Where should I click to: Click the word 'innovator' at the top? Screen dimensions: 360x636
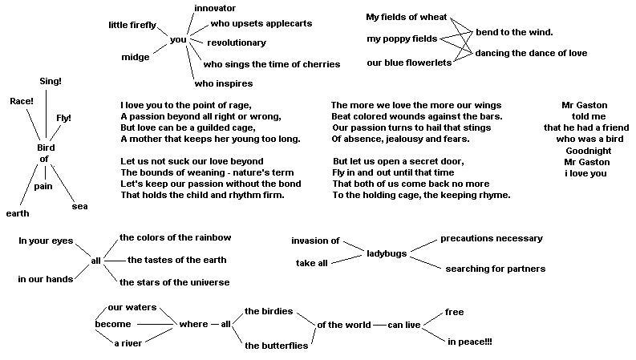pos(215,8)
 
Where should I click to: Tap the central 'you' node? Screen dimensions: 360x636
pos(178,40)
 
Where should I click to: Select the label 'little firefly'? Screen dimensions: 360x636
pos(133,25)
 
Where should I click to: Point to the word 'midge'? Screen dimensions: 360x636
pos(135,57)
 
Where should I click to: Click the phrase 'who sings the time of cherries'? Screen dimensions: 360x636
pos(272,64)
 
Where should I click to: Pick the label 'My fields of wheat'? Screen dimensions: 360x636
pos(407,17)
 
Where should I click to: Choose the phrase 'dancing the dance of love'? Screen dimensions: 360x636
pos(531,53)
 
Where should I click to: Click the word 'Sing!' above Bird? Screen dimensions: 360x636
pos(51,81)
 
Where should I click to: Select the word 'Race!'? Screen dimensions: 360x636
pos(22,101)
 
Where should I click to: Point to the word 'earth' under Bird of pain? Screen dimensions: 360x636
pos(18,213)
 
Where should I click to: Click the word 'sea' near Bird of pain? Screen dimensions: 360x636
pos(79,206)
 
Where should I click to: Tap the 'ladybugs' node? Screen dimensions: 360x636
pos(387,253)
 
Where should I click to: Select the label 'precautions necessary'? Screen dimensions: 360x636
pos(492,238)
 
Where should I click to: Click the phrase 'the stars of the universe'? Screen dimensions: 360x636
pos(174,282)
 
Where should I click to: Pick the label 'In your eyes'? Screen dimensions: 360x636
pos(46,241)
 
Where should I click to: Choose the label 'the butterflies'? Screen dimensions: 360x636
pos(276,346)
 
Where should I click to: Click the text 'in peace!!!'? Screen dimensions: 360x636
pos(470,342)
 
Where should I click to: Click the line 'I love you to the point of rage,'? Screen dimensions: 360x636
pos(186,105)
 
